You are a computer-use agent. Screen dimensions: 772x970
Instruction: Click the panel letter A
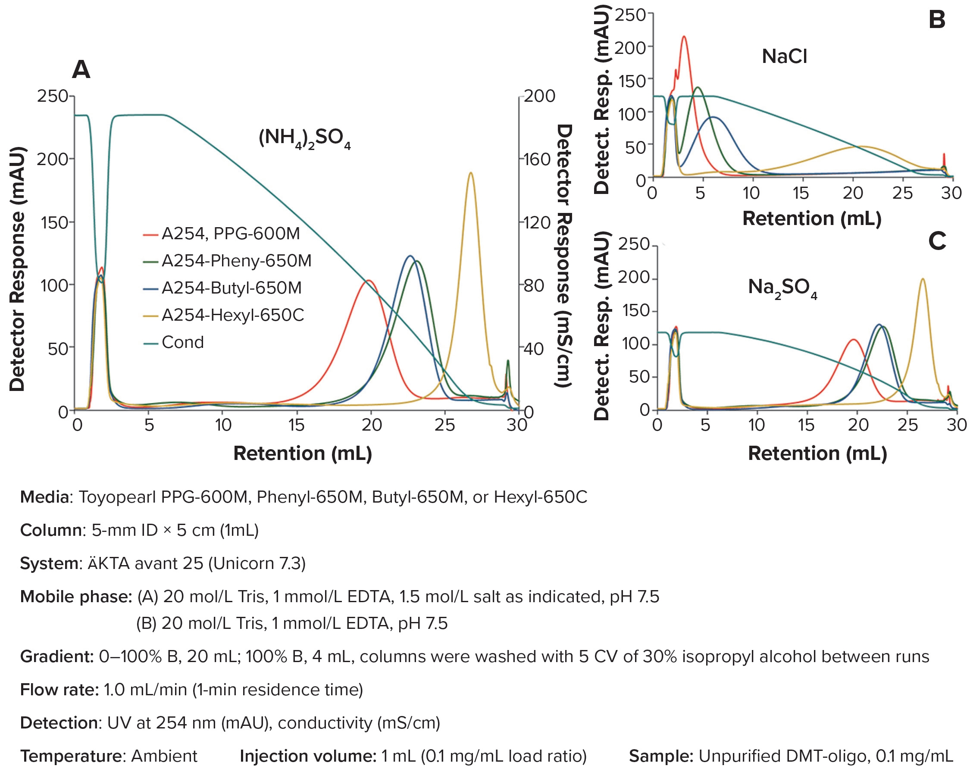coord(81,70)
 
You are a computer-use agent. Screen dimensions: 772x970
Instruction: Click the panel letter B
coord(937,20)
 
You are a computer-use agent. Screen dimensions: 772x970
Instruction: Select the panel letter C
coord(937,241)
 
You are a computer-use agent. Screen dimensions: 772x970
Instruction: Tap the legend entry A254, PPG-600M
coord(230,234)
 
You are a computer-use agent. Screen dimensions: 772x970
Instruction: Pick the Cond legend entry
coord(182,342)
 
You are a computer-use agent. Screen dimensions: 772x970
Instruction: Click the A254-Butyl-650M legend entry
coord(231,288)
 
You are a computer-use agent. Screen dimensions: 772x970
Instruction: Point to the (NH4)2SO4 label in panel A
coord(304,138)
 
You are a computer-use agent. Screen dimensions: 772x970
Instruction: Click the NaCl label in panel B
coord(784,57)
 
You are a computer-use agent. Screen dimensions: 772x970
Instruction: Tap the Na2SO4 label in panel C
coord(782,287)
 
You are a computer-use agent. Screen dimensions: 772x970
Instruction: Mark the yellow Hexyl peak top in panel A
coord(471,173)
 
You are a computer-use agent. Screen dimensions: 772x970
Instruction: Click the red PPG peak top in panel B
coord(684,37)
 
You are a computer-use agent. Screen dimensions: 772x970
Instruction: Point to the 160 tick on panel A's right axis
coord(537,159)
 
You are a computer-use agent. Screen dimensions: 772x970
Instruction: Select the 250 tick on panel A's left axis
coord(52,96)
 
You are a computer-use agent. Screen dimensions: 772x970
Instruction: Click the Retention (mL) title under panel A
coord(302,453)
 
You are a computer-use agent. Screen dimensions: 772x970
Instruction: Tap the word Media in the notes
coord(44,497)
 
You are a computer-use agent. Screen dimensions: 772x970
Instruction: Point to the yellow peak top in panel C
coord(923,279)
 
